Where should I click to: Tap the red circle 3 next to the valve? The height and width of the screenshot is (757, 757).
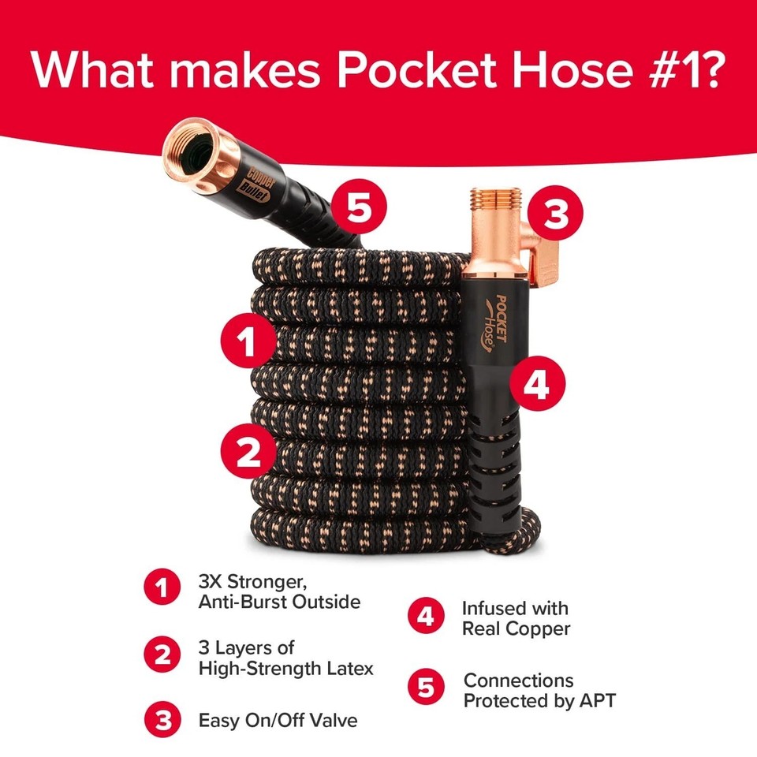(x=556, y=214)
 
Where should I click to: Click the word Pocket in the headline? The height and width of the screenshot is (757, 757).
(x=394, y=70)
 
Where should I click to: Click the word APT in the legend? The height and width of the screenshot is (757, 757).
(x=596, y=700)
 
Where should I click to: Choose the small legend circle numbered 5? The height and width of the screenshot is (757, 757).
(x=426, y=688)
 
